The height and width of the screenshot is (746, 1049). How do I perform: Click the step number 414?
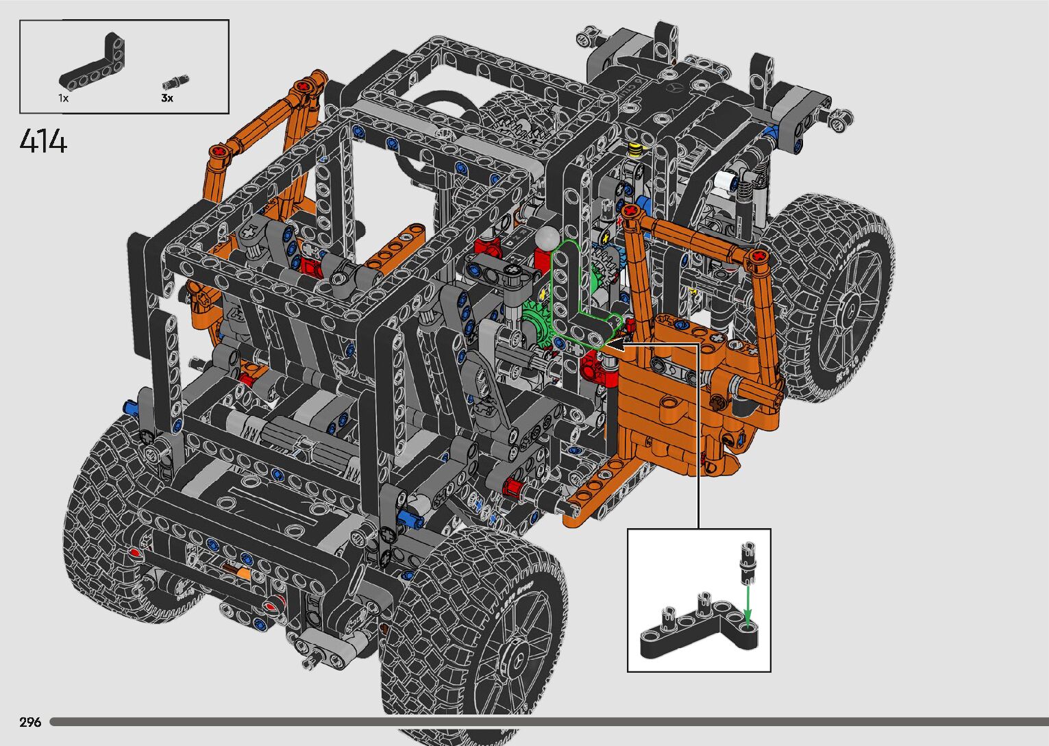pyautogui.click(x=43, y=141)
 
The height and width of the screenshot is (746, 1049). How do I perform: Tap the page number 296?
pyautogui.click(x=30, y=722)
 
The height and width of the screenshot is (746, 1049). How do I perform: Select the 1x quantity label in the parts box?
pyautogui.click(x=63, y=99)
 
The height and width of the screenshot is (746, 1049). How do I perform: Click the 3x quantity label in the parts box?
pyautogui.click(x=167, y=98)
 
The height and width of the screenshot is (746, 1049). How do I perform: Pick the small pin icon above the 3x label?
pyautogui.click(x=175, y=82)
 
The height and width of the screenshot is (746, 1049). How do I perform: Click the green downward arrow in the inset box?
pyautogui.click(x=748, y=606)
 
